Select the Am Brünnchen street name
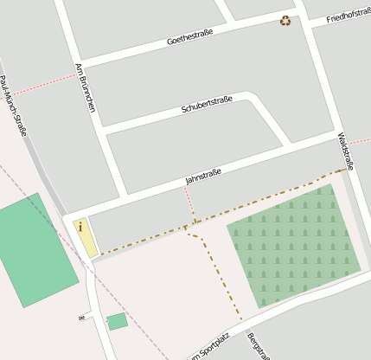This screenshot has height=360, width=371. [x=86, y=87]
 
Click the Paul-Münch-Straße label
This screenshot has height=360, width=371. [x=14, y=106]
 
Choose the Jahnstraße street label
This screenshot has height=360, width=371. [x=203, y=176]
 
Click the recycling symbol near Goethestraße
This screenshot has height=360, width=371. [x=285, y=20]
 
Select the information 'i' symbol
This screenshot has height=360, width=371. [x=80, y=227]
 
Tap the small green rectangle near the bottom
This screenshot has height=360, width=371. [x=117, y=322]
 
